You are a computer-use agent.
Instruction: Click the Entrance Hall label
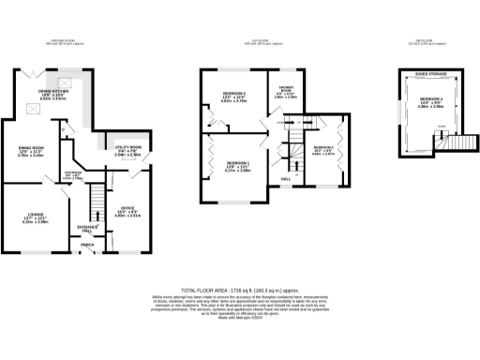point(89,228)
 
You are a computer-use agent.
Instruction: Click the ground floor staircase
point(94,199)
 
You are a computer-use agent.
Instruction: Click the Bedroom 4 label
point(430,100)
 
